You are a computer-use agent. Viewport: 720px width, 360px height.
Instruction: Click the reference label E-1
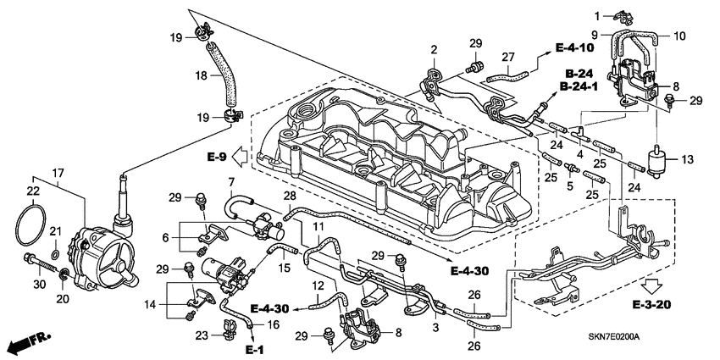click(x=255, y=349)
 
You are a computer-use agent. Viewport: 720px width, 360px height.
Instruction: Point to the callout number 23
click(x=202, y=335)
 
